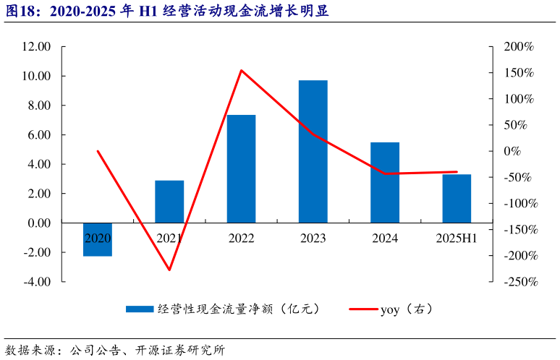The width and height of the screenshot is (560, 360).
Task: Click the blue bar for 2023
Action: [313, 151]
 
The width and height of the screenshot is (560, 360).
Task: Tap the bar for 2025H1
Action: [457, 198]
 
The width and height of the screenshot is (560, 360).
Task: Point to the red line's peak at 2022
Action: [241, 70]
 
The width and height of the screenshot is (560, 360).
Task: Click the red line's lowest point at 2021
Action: [169, 270]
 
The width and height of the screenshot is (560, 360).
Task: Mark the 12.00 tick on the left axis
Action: [36, 47]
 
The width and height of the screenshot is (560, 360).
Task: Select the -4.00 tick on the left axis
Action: [36, 282]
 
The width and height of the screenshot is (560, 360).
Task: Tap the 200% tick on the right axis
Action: [519, 47]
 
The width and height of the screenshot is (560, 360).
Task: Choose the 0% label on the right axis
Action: [523, 151]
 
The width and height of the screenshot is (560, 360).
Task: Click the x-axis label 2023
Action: [313, 238]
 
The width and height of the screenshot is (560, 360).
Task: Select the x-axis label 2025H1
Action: [457, 238]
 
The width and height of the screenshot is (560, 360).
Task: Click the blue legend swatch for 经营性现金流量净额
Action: [139, 309]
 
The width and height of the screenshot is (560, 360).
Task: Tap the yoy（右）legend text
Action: [406, 309]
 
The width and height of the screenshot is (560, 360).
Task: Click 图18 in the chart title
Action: [20, 12]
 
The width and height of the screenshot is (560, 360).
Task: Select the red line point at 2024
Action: [385, 173]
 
